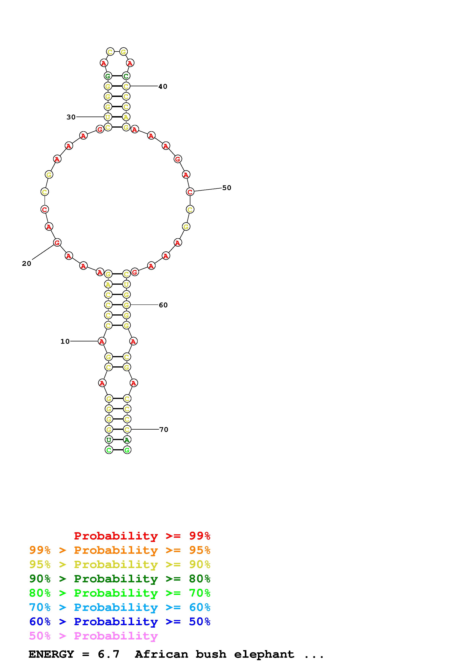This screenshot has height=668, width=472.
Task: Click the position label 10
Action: tap(65, 341)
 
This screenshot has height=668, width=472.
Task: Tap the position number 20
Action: tap(26, 264)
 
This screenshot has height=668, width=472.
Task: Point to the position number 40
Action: tap(163, 86)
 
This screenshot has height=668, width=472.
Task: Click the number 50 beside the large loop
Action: tap(227, 188)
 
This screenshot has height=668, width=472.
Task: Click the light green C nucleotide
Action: tap(109, 450)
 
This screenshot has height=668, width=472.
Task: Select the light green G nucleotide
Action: tap(127, 450)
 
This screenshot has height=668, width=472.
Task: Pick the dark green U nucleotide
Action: tap(109, 440)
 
